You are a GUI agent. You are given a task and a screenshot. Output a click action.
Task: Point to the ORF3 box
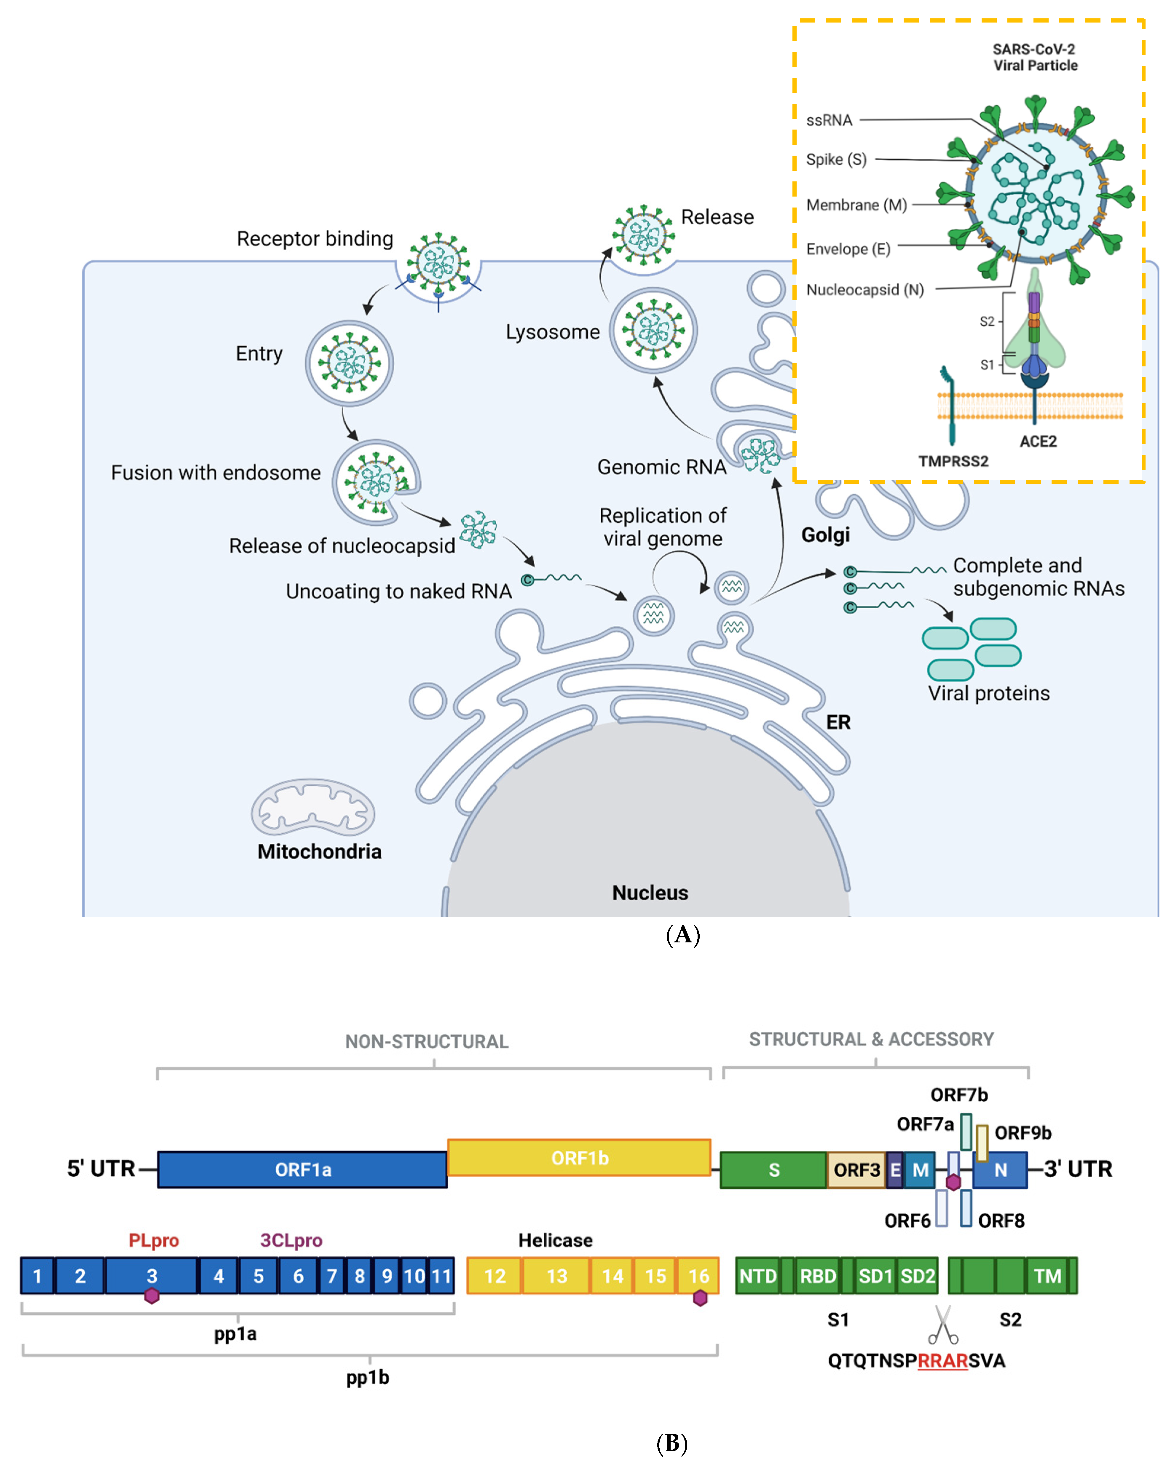pyautogui.click(x=856, y=1170)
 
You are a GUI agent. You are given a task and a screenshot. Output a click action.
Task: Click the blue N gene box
pyautogui.click(x=1000, y=1170)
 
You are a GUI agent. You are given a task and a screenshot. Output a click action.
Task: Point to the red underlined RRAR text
pyautogui.click(x=942, y=1360)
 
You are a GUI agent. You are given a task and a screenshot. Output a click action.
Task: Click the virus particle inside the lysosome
pyautogui.click(x=653, y=330)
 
